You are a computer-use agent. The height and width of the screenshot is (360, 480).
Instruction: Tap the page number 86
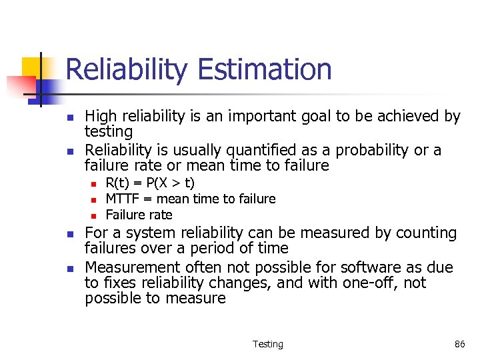coord(459,344)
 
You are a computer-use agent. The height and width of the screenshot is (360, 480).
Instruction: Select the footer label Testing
coord(267,344)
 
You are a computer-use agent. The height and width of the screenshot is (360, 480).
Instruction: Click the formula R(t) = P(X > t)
coord(150,183)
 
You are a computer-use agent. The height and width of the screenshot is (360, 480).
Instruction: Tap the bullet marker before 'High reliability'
coord(69,117)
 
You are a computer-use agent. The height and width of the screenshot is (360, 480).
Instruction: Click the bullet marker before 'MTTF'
coord(94,199)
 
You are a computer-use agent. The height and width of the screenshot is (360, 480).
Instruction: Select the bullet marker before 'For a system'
coord(69,233)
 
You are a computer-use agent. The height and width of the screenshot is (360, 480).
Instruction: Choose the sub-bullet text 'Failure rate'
coord(139,215)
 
